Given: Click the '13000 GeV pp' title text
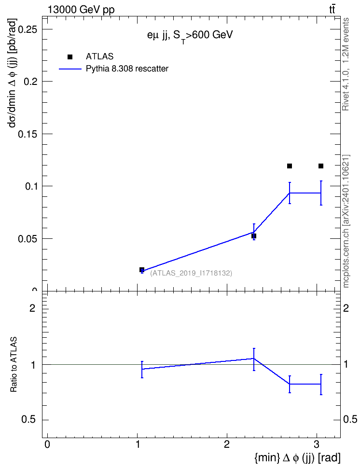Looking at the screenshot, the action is (81, 10).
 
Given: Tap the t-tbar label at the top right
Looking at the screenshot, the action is (332, 10).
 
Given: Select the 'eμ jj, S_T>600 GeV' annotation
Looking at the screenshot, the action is (190, 36).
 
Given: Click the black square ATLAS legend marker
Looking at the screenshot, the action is (70, 57).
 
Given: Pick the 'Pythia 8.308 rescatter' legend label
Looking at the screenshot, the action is (127, 69).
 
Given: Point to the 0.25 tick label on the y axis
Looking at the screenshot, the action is (28, 29).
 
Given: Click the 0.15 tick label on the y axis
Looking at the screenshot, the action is (28, 134).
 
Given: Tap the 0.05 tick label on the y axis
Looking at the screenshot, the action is (28, 239).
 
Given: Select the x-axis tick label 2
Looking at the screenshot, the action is (227, 444).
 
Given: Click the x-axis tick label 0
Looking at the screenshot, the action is (47, 444).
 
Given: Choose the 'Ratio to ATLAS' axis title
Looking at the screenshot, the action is (14, 365).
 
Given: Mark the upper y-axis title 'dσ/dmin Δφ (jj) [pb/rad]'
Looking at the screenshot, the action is (13, 73).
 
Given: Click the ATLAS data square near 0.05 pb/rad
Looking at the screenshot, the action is (254, 236).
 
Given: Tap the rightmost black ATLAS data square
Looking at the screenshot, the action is (321, 166).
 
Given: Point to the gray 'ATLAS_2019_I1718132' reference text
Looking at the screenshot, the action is (191, 273).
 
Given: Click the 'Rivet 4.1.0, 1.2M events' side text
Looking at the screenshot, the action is (346, 64).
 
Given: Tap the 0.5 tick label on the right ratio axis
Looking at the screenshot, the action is (350, 419).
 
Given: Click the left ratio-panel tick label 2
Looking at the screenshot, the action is (32, 308).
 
